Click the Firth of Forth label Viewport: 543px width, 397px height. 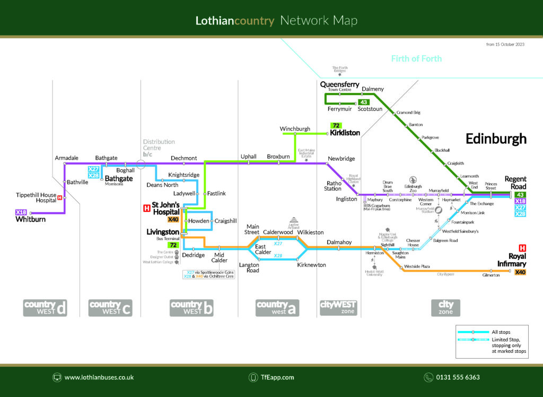416,58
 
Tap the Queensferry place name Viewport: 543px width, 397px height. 339,84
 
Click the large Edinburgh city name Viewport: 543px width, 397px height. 496,139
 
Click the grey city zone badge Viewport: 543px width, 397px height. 445,308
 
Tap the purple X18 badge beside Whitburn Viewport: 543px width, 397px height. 21,212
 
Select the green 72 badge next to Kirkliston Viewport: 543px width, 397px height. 336,126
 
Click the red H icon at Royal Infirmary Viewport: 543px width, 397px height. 522,248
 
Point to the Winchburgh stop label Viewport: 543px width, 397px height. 295,129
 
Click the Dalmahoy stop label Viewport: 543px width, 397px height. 339,242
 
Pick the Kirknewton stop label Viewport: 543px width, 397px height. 311,265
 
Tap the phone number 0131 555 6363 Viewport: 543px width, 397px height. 458,377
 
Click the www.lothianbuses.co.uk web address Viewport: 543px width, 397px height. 99,377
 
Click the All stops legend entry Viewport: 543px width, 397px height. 502,332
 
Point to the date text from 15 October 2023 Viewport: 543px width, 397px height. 505,45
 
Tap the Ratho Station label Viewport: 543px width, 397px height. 333,186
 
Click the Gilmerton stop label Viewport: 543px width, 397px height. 491,275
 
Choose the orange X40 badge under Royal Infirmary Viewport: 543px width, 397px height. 520,272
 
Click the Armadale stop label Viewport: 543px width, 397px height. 66,158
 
